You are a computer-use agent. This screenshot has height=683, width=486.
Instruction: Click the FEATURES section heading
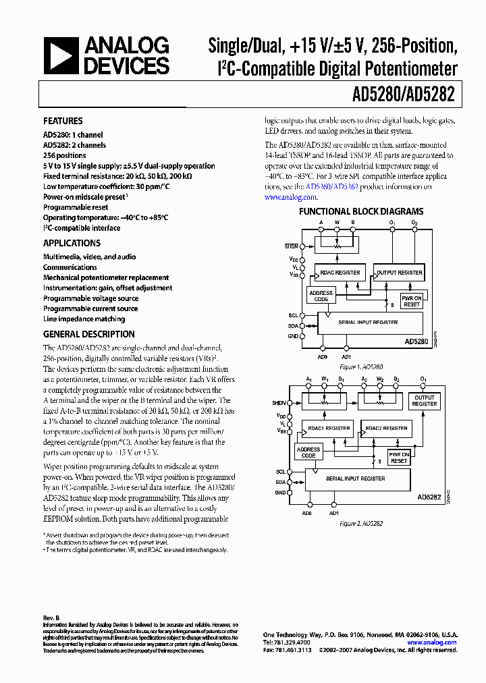pyautogui.click(x=63, y=121)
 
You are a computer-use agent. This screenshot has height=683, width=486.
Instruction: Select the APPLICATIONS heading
pyautogui.click(x=72, y=243)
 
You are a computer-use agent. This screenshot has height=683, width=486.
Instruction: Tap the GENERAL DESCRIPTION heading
pyautogui.click(x=88, y=334)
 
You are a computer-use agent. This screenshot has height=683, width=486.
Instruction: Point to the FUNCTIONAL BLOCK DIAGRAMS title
pyautogui.click(x=361, y=211)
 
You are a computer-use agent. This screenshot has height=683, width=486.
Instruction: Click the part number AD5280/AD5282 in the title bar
pyautogui.click(x=403, y=95)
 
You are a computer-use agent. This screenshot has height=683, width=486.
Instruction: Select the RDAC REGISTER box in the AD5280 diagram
pyautogui.click(x=341, y=273)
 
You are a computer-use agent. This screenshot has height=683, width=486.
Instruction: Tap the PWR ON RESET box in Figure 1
pyautogui.click(x=411, y=301)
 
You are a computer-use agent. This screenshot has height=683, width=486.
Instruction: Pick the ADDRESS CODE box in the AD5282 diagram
pyautogui.click(x=308, y=452)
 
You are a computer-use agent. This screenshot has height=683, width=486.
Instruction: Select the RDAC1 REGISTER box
pyautogui.click(x=329, y=428)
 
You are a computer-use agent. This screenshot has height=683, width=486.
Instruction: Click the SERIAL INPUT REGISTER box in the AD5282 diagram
pyautogui.click(x=357, y=479)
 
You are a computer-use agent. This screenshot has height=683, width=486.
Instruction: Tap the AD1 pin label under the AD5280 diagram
pyautogui.click(x=347, y=356)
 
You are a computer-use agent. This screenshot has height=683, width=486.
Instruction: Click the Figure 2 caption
pyautogui.click(x=361, y=523)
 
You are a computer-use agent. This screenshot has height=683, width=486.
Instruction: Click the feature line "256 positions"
pyautogui.click(x=65, y=155)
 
